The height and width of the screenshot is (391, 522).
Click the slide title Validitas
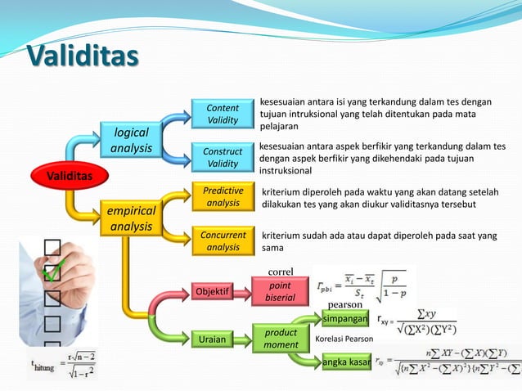(82, 57)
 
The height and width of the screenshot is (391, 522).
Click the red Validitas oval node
(69, 176)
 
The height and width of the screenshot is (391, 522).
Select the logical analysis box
(132, 141)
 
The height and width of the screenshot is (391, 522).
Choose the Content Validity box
(222, 115)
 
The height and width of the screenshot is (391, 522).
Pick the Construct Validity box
(222, 158)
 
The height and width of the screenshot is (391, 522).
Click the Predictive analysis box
(222, 197)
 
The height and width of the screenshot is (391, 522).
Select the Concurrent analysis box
(222, 241)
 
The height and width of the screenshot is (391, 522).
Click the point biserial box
(280, 292)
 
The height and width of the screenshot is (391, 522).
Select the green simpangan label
(344, 317)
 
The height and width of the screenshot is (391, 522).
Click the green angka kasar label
(344, 361)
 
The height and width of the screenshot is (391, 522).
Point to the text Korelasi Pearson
(344, 339)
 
